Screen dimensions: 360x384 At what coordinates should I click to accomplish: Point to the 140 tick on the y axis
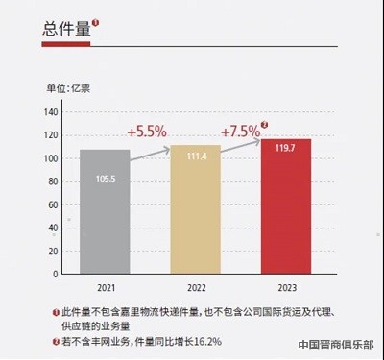click(x=52, y=112)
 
